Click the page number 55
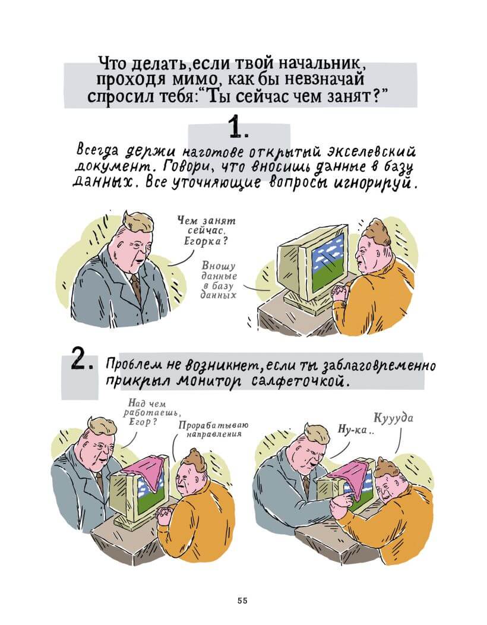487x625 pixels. (242, 601)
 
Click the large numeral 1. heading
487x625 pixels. (239, 128)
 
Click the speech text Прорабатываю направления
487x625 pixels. (213, 430)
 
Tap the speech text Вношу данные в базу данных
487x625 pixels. (220, 279)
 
